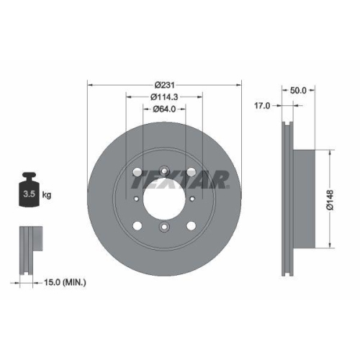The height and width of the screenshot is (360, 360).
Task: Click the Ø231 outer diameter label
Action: click(x=165, y=84)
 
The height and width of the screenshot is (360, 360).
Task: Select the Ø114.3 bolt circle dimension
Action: click(x=165, y=96)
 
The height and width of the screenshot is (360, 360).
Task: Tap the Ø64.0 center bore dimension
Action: click(x=165, y=109)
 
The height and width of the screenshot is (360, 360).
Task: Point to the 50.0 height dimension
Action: click(x=298, y=90)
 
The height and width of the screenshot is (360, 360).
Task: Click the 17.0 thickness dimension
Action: click(x=263, y=105)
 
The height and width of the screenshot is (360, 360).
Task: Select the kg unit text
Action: click(x=48, y=194)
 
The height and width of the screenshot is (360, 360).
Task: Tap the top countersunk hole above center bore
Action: click(x=164, y=171)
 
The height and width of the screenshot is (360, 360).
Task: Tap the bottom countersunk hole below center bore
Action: click(x=164, y=229)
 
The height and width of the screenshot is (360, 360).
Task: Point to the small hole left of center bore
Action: click(x=135, y=199)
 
